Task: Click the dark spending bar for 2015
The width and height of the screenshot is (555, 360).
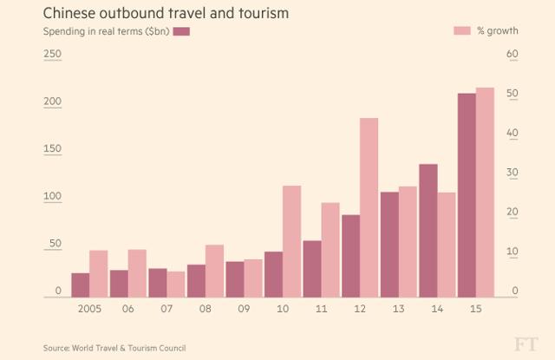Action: tap(467, 195)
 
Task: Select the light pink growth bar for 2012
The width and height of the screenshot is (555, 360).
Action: tap(369, 208)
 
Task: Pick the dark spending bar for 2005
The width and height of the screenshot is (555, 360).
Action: tap(81, 285)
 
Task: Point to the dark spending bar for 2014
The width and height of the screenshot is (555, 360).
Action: tap(428, 231)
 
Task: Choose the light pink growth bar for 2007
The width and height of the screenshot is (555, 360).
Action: tap(176, 285)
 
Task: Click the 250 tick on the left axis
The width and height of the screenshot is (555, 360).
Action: tap(53, 55)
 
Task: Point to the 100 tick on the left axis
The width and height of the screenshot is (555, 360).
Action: tap(53, 197)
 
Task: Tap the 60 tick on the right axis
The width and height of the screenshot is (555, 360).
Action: tap(512, 55)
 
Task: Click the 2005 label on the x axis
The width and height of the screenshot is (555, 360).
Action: tap(89, 308)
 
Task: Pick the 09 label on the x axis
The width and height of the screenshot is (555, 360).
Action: tap(244, 308)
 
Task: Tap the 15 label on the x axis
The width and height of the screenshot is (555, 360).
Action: tap(475, 308)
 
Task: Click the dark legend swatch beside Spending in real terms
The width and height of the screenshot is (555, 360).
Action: tap(181, 31)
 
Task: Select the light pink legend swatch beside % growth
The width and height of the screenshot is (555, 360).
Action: tap(461, 31)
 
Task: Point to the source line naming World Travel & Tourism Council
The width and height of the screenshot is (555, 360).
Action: tap(114, 348)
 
